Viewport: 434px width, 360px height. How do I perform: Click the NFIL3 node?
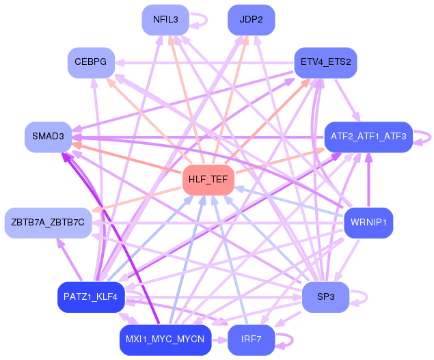165,19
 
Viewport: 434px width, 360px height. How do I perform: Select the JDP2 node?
251,19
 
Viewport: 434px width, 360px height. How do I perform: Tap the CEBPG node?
91,62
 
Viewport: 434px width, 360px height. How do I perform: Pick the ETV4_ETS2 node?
325,62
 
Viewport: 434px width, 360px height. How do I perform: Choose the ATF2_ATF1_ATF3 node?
368,137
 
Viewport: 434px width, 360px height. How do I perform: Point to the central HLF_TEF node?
208,180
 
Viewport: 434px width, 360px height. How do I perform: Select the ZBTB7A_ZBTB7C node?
48,222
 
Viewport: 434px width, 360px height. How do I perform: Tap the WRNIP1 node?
368,222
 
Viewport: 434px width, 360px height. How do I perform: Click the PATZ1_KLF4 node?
91,296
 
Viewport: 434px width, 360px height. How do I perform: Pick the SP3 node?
325,296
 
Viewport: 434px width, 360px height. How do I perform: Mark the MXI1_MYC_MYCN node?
165,340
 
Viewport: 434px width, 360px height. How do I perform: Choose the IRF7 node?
251,340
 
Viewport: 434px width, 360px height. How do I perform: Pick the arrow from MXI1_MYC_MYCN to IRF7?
220,340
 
